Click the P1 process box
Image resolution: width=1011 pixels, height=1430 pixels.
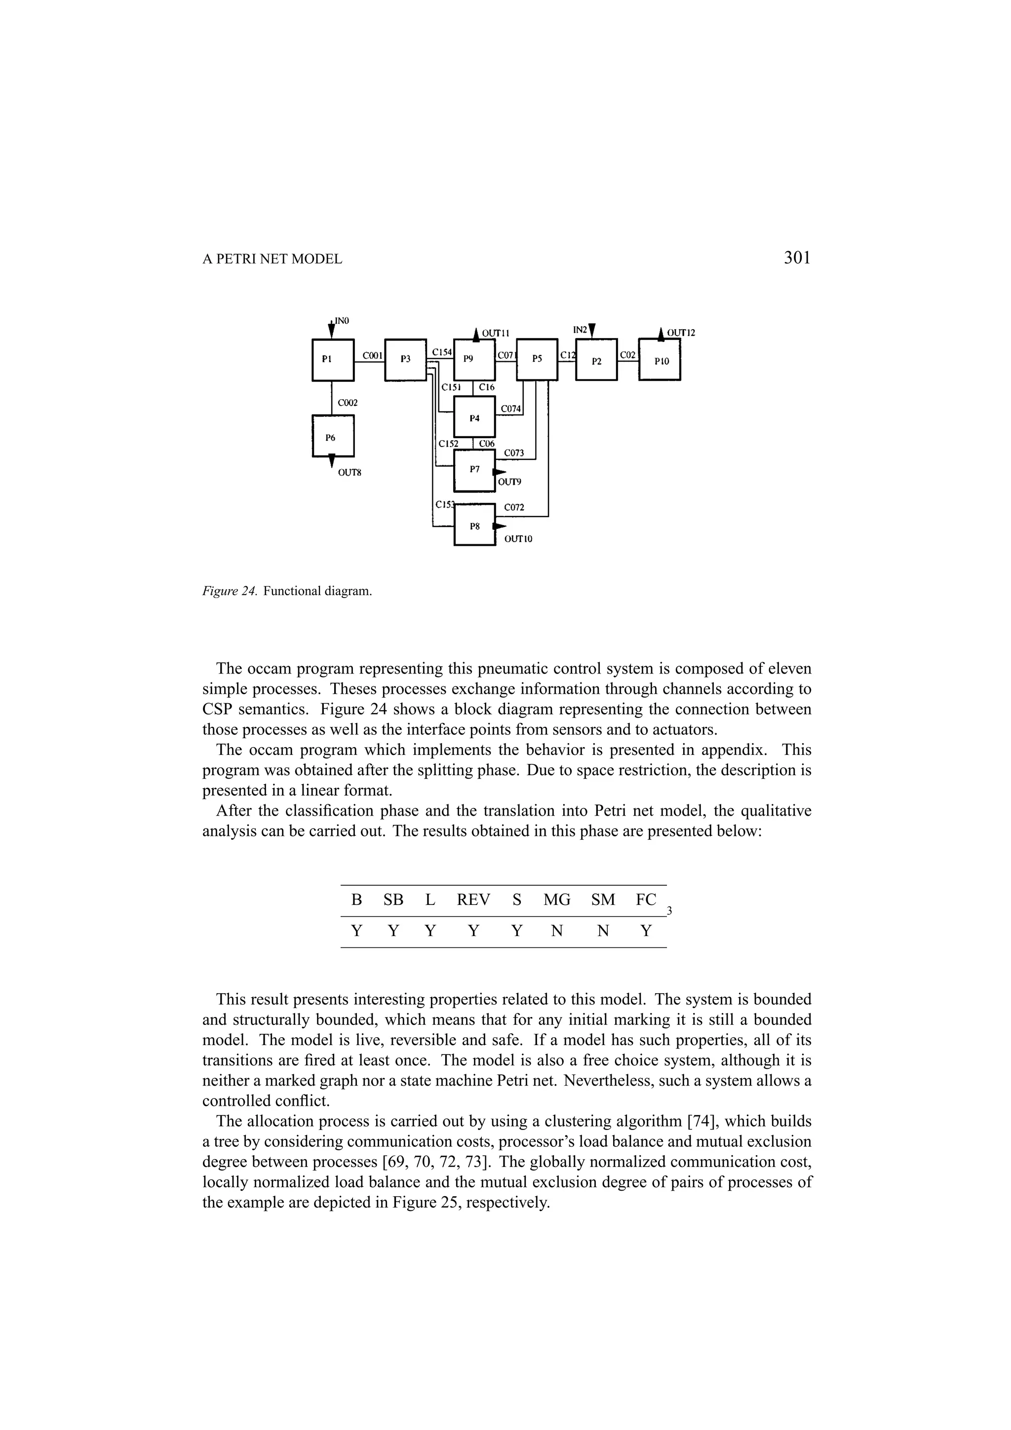pyautogui.click(x=333, y=359)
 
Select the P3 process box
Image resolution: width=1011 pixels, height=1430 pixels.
pyautogui.click(x=405, y=359)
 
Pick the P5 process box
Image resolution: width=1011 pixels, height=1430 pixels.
pyautogui.click(x=537, y=359)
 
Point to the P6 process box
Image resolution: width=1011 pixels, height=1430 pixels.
pyautogui.click(x=333, y=437)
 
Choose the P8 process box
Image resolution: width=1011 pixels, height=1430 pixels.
pyautogui.click(x=475, y=526)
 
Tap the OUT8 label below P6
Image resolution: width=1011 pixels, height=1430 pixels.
pyautogui.click(x=350, y=473)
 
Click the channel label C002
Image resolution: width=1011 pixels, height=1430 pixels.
pyautogui.click(x=348, y=403)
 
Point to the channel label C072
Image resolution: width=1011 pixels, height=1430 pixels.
pyautogui.click(x=514, y=508)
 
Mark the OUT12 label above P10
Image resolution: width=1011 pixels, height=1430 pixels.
pyautogui.click(x=680, y=333)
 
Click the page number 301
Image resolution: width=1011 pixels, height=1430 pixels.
pyautogui.click(x=797, y=258)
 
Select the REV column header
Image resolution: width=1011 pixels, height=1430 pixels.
pyautogui.click(x=473, y=900)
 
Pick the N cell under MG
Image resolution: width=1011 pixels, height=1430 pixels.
pyautogui.click(x=557, y=931)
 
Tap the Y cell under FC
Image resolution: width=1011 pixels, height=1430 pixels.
pyautogui.click(x=646, y=931)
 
